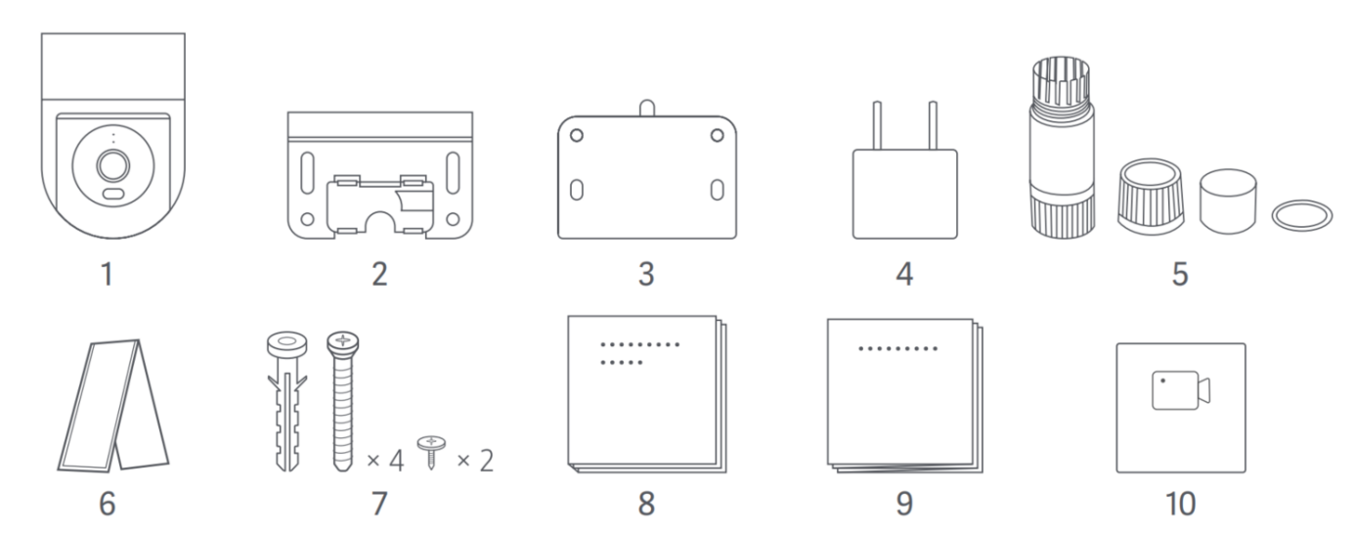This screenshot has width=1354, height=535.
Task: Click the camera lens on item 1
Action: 113,165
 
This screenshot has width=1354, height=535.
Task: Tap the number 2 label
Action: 379,275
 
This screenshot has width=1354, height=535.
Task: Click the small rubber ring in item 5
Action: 1302,216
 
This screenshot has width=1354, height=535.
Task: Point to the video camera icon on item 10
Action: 1181,390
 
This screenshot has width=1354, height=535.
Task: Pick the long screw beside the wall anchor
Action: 343,401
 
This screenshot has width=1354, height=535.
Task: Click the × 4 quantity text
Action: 385,461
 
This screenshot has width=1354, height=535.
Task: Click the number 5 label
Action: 1180,275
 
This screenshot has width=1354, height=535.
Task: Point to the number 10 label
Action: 1180,504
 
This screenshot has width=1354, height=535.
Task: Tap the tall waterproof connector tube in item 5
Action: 1062,147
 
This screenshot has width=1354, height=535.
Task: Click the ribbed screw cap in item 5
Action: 1151,197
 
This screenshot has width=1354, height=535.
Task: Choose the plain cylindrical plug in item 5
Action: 1228,201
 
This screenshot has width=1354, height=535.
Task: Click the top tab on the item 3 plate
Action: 647,109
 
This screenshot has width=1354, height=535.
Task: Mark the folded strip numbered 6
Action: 113,405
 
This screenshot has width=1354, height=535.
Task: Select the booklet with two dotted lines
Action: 647,393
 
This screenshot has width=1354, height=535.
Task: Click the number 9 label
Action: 904,504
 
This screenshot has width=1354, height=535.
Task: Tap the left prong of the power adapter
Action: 877,125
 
